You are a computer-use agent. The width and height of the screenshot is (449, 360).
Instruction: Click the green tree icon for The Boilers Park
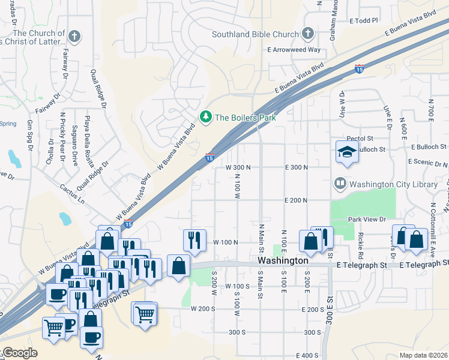[x=206, y=117]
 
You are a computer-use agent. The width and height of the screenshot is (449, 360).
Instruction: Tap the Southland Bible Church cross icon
[x=308, y=34]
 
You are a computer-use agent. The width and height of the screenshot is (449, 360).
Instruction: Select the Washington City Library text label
[x=394, y=184]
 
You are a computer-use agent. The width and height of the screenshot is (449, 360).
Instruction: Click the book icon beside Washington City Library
[x=340, y=183]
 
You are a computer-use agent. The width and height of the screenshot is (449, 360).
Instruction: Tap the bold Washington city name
[x=283, y=261]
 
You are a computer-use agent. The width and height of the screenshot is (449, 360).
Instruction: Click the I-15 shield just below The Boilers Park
[x=209, y=157]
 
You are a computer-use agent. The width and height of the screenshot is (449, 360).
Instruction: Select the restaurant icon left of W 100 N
[x=194, y=241]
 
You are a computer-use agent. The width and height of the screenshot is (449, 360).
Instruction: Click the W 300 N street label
[x=238, y=167]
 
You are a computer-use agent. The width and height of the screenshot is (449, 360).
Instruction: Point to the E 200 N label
[x=296, y=200]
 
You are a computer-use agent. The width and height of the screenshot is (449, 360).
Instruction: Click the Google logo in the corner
[x=20, y=353]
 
